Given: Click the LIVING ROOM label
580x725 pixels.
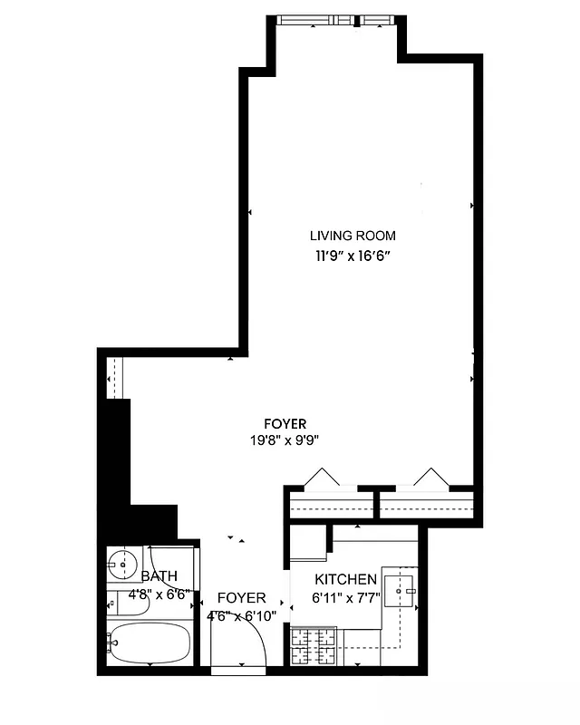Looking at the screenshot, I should [x=353, y=236].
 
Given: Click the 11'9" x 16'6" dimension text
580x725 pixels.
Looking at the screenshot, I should [x=353, y=256].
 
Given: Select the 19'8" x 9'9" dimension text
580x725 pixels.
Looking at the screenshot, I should [x=285, y=441].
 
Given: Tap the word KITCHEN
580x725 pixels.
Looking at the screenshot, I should [x=345, y=579].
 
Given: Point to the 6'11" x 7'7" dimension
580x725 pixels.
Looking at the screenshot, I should [x=345, y=597].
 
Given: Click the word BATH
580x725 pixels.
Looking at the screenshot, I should [x=159, y=576].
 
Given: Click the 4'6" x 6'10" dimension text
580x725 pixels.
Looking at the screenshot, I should [x=241, y=616].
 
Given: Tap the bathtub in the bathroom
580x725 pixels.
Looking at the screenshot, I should [x=150, y=643].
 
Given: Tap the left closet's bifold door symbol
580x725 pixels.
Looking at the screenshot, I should [x=322, y=477].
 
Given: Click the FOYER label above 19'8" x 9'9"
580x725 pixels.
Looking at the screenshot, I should [x=285, y=423].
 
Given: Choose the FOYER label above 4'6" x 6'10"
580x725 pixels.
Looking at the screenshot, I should [x=241, y=598].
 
